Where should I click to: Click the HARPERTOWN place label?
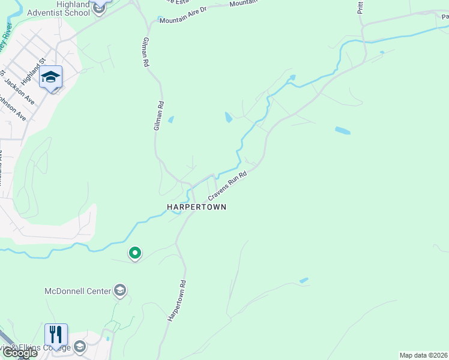(196, 207)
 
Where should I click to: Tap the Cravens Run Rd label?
(228, 187)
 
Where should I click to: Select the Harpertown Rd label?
(177, 299)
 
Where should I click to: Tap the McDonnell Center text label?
(78, 291)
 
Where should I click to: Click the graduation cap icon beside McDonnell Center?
(120, 291)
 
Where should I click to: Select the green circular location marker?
(135, 254)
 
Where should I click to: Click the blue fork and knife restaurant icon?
(56, 334)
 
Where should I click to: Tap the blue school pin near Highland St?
(51, 77)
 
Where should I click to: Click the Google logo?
(19, 353)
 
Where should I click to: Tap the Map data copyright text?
(424, 355)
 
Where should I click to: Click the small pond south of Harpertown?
(304, 280)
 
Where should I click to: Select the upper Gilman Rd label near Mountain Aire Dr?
(145, 48)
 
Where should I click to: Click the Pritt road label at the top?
(360, 7)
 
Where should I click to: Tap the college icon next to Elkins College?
(79, 347)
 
